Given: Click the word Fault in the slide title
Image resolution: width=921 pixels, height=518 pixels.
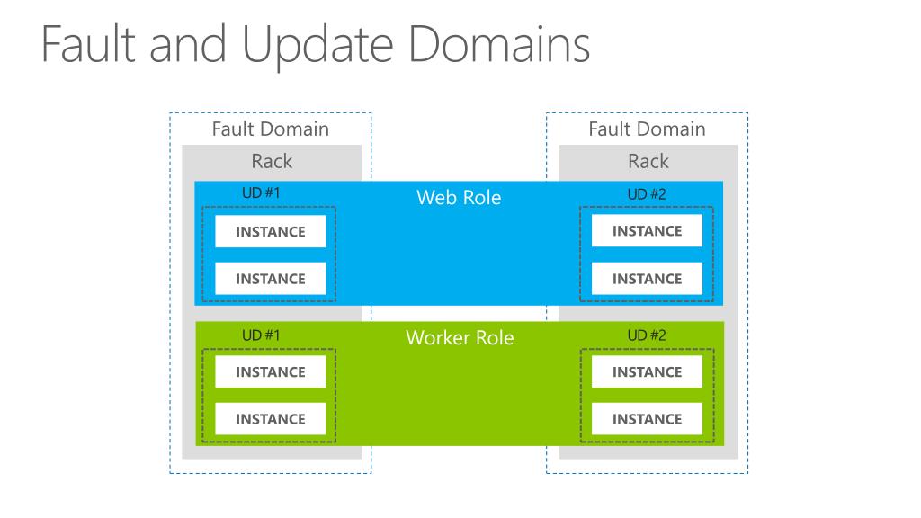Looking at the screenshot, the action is [89, 44].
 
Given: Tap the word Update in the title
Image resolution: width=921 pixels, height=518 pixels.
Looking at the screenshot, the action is [317, 47].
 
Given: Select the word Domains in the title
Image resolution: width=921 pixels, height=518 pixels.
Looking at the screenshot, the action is [499, 44].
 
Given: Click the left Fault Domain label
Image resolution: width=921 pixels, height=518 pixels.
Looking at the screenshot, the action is [270, 129].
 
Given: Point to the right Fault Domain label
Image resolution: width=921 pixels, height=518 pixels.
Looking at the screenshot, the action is [647, 129].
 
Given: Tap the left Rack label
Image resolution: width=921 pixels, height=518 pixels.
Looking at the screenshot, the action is [272, 161].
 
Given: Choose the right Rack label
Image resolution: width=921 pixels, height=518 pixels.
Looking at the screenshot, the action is [648, 161].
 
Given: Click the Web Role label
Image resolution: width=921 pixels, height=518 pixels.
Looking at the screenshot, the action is [459, 197].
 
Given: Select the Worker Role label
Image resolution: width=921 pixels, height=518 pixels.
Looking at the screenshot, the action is [460, 338].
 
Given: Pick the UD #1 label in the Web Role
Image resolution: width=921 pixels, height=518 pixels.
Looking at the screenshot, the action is [261, 192].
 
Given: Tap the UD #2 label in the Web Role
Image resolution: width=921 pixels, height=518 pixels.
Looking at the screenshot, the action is [647, 194].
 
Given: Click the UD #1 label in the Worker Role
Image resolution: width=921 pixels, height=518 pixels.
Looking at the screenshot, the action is [261, 335].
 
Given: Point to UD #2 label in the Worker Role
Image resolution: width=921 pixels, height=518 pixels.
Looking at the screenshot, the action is [647, 335].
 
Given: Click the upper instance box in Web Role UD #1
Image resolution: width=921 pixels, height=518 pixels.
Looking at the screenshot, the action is [270, 231].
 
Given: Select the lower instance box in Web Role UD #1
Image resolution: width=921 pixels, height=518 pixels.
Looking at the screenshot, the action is [270, 279].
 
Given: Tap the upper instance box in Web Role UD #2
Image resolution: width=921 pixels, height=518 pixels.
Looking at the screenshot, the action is [647, 231].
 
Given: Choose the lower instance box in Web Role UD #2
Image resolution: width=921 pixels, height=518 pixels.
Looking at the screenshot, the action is [647, 279].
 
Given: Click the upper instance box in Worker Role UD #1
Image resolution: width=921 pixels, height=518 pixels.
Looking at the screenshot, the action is [270, 371].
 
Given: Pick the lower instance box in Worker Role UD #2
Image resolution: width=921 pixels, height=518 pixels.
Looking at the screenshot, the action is [647, 419].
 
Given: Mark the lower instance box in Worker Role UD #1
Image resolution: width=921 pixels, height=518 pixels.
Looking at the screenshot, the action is [270, 419].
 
